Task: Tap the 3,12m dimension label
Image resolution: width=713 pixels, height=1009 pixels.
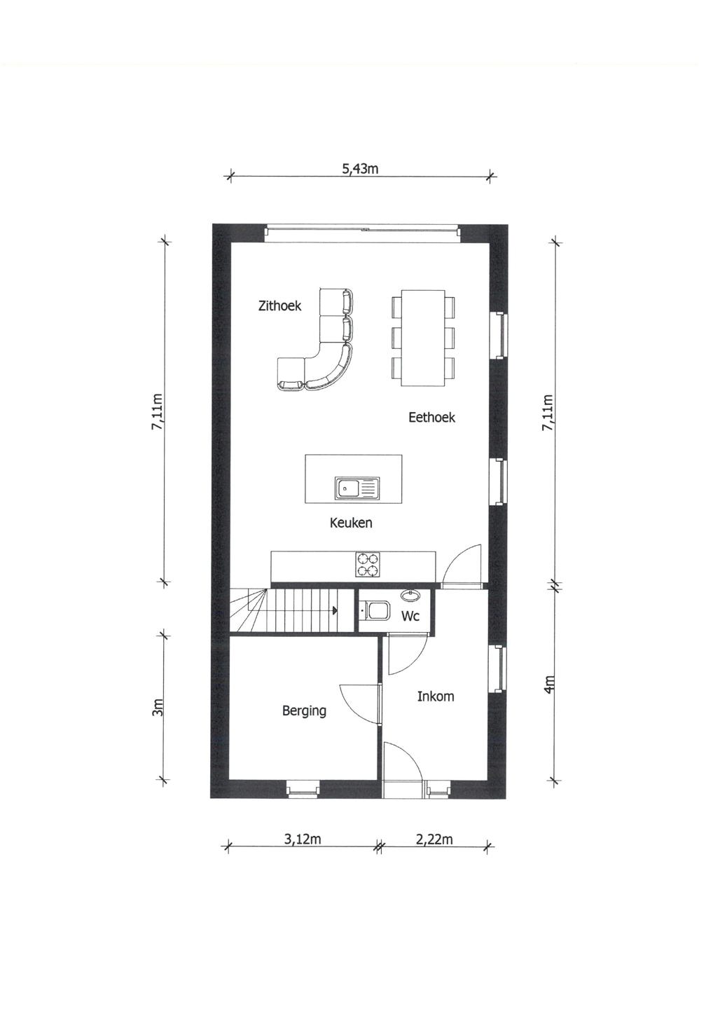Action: click(x=303, y=839)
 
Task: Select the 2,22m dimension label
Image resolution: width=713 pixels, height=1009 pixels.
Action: click(x=434, y=839)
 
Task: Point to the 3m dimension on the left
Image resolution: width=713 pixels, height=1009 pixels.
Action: click(x=158, y=708)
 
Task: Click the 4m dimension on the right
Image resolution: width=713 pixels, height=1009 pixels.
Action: click(x=550, y=684)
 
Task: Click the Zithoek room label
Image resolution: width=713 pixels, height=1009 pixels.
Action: click(x=279, y=306)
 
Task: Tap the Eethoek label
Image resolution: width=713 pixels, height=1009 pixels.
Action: click(x=431, y=418)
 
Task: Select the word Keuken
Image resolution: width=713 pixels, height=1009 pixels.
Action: click(x=351, y=523)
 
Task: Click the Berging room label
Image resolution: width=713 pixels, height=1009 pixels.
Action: click(x=304, y=711)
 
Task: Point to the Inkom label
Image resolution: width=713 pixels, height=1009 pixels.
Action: click(x=436, y=696)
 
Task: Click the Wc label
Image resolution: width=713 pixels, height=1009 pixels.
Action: click(x=410, y=617)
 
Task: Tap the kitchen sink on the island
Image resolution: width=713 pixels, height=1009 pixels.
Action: click(x=356, y=488)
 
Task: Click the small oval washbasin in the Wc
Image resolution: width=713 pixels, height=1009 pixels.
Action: click(x=410, y=596)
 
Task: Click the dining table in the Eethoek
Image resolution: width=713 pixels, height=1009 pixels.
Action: click(x=423, y=337)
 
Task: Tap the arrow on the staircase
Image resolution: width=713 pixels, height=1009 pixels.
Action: click(x=335, y=610)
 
